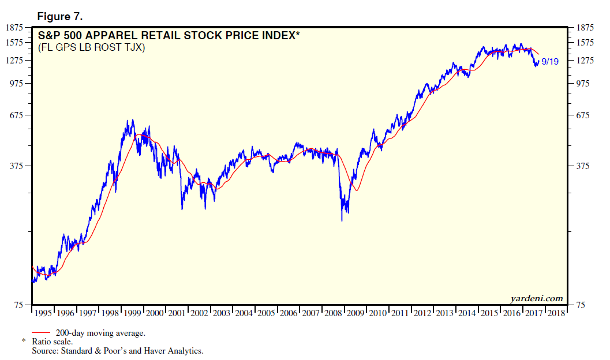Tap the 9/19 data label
click(x=549, y=62)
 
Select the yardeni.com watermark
click(x=536, y=298)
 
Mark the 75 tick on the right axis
click(x=577, y=305)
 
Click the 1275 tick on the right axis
click(x=581, y=61)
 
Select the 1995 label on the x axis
click(x=43, y=313)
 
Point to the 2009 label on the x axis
click(x=356, y=313)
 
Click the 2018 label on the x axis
click(x=556, y=313)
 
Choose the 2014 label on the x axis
click(x=467, y=313)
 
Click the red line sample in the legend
click(x=42, y=333)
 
